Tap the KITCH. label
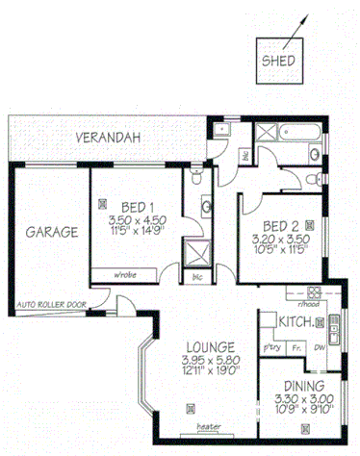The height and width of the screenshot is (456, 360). [293, 320]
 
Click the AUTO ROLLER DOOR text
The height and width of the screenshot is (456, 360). [51, 306]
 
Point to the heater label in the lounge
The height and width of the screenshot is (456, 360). [208, 426]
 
